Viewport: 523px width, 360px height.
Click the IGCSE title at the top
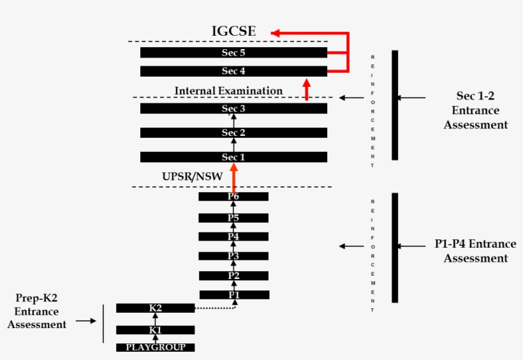[235, 31]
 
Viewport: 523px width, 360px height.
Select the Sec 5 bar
[233, 52]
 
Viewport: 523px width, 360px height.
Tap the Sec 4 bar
[233, 71]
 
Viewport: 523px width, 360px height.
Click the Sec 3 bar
[233, 109]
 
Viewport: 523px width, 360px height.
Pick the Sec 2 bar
[233, 133]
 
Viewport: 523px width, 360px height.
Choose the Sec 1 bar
[233, 157]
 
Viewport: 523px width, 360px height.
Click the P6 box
[233, 197]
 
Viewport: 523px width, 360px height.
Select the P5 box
[233, 218]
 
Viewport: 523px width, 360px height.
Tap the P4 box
[233, 237]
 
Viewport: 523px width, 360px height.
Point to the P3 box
[233, 256]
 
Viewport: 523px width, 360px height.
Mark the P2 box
[233, 276]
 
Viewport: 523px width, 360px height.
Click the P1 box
[234, 295]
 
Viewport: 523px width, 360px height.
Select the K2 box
[155, 308]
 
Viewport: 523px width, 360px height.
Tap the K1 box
[155, 330]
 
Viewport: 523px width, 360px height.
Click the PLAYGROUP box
[155, 347]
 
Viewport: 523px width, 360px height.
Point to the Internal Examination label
[228, 91]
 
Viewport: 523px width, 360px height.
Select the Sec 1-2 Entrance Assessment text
[476, 110]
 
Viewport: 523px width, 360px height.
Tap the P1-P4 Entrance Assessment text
[476, 251]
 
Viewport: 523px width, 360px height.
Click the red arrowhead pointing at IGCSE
[275, 32]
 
